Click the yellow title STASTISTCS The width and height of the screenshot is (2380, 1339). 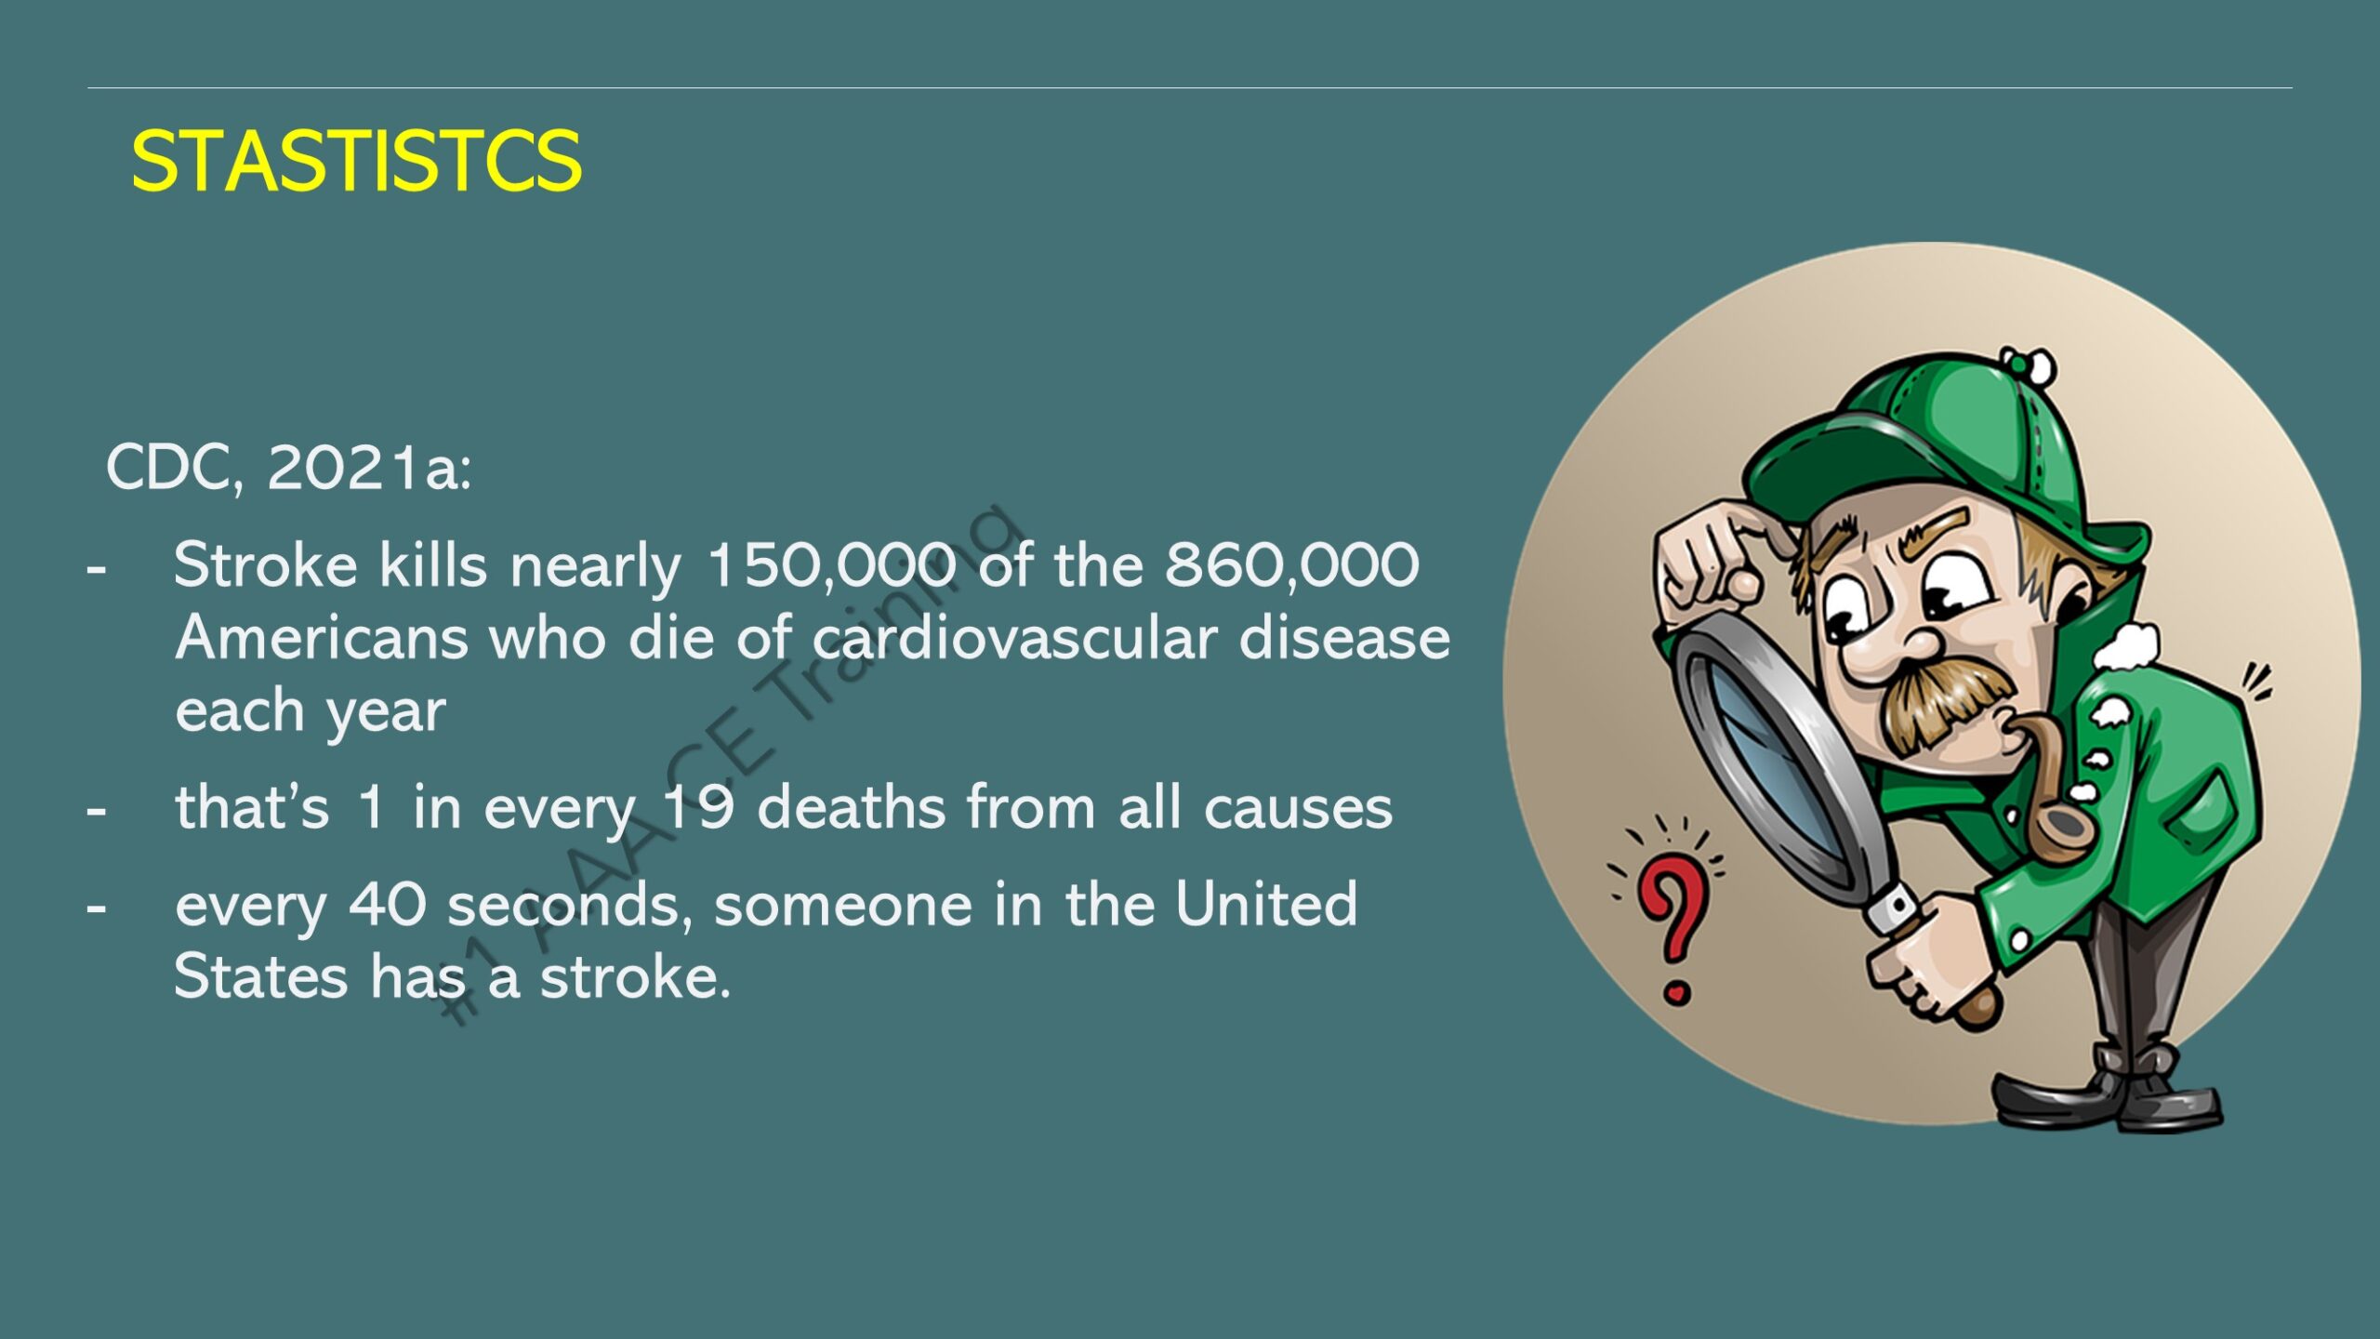pyautogui.click(x=356, y=161)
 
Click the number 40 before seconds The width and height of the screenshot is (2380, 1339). pyautogui.click(x=388, y=904)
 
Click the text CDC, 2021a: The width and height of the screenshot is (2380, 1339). pyautogui.click(x=288, y=467)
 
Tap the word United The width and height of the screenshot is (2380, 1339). pyautogui.click(x=1266, y=903)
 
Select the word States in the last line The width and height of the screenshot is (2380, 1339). pyautogui.click(x=260, y=976)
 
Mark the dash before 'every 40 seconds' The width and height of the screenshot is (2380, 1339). pyautogui.click(x=96, y=908)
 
